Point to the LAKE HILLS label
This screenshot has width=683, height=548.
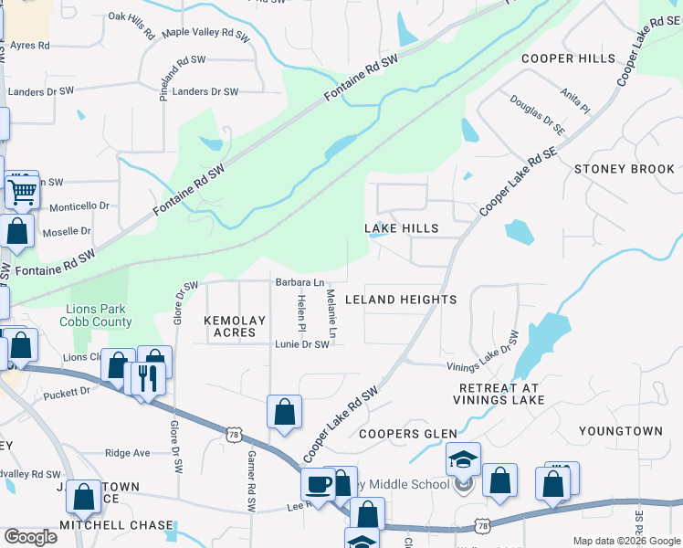click(402, 228)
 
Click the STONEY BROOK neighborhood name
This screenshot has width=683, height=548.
click(625, 169)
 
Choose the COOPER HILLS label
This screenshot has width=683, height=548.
click(568, 58)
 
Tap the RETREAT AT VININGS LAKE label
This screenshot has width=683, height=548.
click(499, 394)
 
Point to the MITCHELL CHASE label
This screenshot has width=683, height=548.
click(116, 525)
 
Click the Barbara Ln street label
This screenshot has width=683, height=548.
click(300, 283)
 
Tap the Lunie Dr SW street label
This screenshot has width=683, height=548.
click(301, 344)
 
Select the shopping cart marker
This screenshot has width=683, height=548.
click(21, 191)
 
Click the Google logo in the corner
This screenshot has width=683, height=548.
click(30, 536)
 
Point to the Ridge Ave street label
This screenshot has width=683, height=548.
click(128, 453)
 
